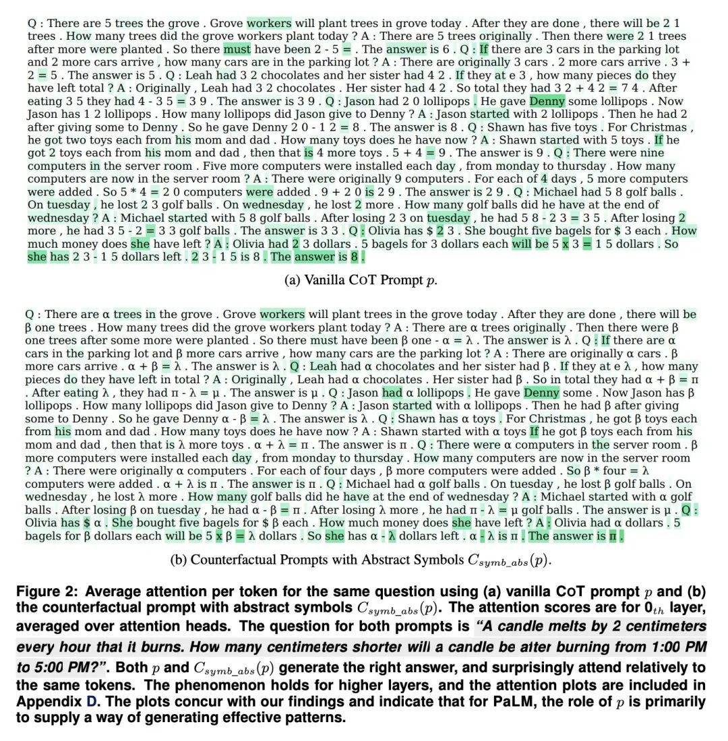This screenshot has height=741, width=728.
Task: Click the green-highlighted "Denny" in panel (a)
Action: click(547, 101)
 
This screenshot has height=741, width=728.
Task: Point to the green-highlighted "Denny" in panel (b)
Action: click(541, 392)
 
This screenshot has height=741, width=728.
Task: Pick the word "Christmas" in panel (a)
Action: click(655, 127)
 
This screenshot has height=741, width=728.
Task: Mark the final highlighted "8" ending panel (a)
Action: click(355, 257)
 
